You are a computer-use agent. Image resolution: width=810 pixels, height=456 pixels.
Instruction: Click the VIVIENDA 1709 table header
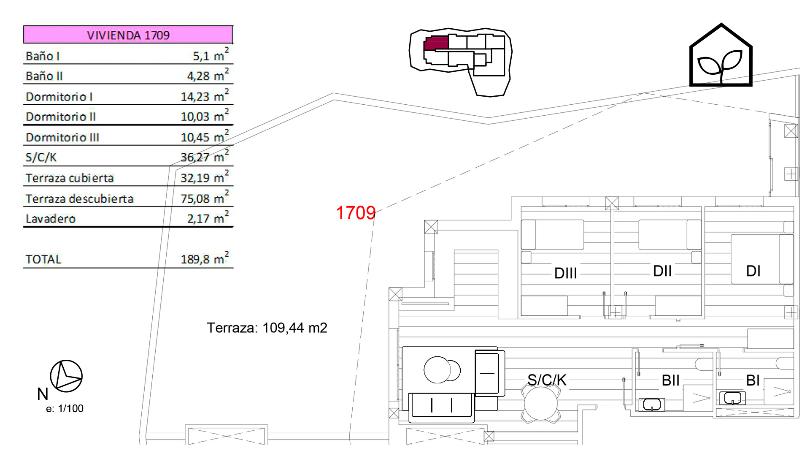click(128, 35)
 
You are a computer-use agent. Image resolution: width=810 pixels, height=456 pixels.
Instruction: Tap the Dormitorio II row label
click(61, 117)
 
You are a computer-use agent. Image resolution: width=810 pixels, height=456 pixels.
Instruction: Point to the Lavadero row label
click(51, 219)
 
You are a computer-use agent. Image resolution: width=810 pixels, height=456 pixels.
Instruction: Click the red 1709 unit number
click(356, 213)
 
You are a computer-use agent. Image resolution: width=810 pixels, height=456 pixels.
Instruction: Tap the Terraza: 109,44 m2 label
click(267, 328)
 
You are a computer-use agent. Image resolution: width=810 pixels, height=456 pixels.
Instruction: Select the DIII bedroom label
click(565, 273)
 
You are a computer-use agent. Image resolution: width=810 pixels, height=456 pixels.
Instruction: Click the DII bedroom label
click(662, 271)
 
